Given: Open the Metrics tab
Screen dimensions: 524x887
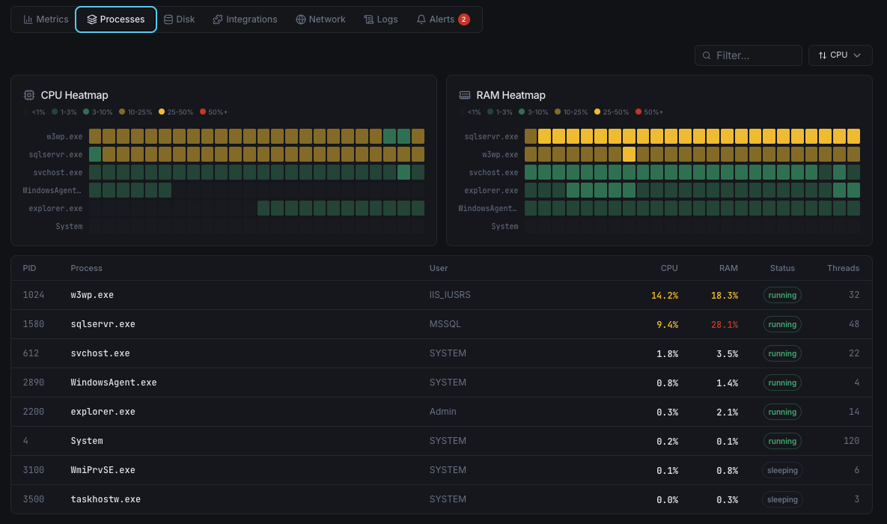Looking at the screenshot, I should point(46,19).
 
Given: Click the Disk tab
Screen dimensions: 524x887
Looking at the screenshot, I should point(179,19).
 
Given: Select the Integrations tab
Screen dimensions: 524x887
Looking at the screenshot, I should point(245,19).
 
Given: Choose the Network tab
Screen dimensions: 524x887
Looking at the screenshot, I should point(320,19).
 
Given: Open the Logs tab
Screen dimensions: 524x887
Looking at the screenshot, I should point(380,19).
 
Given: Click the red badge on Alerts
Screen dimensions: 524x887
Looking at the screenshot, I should point(464,19).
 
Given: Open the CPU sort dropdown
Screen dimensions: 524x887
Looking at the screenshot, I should point(840,55).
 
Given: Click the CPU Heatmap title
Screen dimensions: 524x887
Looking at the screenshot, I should point(74,95).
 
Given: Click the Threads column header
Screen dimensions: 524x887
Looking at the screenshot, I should point(843,268).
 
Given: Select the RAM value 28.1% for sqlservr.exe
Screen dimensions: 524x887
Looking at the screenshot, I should point(724,324).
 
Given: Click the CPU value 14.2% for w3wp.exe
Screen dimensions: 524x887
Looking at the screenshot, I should point(664,295).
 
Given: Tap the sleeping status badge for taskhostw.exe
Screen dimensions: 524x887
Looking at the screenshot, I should point(782,499).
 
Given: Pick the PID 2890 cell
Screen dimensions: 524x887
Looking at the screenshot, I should point(34,383).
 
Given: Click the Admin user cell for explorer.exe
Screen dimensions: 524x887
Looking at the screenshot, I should point(442,412).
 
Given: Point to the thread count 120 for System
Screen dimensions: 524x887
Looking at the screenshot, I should point(851,441).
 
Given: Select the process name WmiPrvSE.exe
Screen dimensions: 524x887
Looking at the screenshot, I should point(103,470).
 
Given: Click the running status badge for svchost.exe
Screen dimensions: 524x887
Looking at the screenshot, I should point(782,353).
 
